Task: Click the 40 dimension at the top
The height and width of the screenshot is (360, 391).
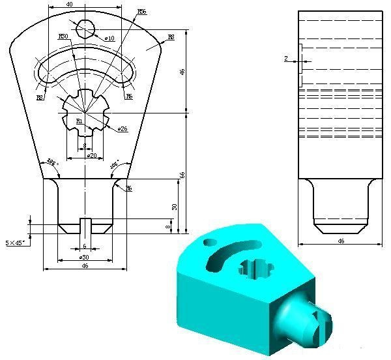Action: (x=69, y=5)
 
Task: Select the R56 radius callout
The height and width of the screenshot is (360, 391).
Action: (x=142, y=12)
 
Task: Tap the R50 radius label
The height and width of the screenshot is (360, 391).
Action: (x=64, y=37)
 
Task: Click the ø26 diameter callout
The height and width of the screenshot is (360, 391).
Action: (x=122, y=129)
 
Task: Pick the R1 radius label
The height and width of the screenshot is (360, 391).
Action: (x=79, y=121)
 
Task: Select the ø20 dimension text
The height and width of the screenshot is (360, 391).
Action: (x=92, y=155)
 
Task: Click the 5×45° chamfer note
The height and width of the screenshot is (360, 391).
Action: (x=15, y=243)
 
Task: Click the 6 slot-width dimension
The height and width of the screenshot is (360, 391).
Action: (x=84, y=246)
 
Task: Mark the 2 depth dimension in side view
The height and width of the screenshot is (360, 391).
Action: (x=286, y=59)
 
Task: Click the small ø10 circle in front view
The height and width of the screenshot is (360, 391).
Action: (x=85, y=28)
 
